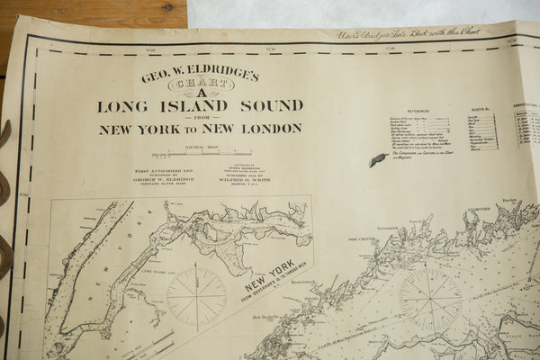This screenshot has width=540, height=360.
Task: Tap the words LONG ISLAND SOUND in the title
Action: click(x=200, y=106)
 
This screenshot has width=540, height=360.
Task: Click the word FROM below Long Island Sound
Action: click(x=200, y=118)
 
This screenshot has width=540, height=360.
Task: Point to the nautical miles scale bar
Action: click(x=201, y=154)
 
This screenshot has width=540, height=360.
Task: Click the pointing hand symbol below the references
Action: click(x=378, y=159)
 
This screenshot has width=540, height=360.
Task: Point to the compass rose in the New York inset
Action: click(x=196, y=296)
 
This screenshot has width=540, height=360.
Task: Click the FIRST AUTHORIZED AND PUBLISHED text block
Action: click(x=164, y=175)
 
